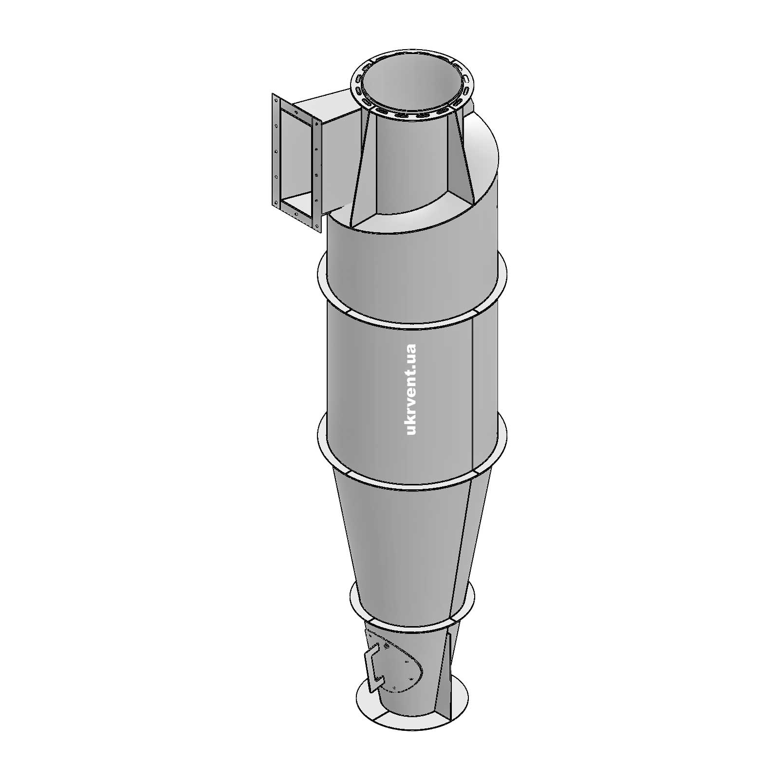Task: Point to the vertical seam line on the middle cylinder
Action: point(473,389)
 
